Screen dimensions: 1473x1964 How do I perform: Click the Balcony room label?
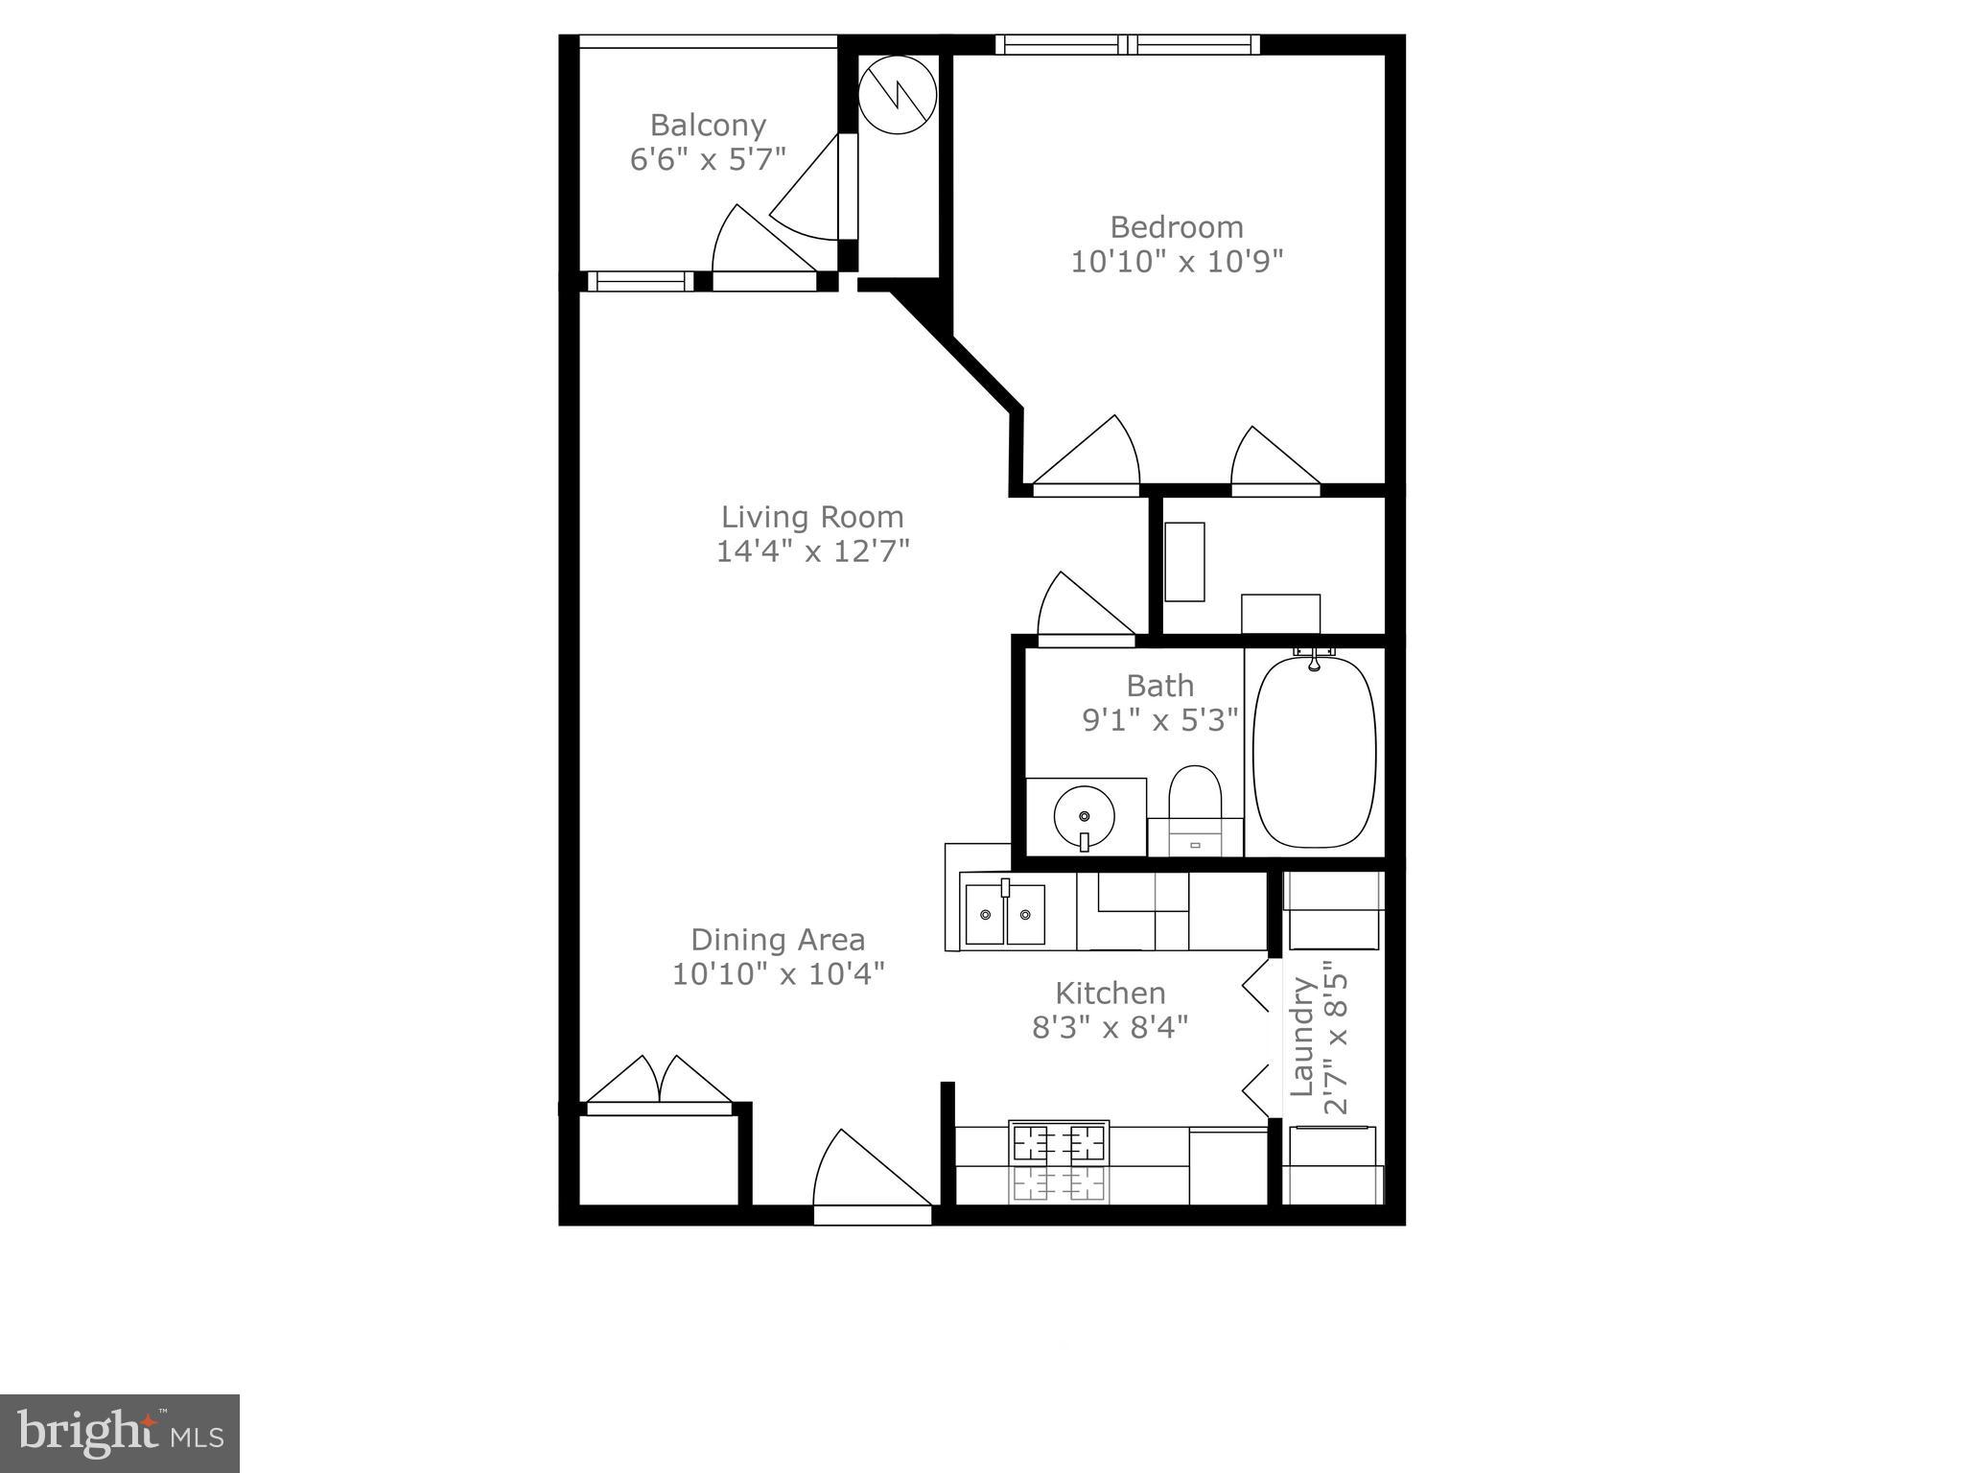pyautogui.click(x=708, y=126)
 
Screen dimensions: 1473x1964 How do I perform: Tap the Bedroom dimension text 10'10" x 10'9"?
pyautogui.click(x=1176, y=262)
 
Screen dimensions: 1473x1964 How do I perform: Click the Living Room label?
pyautogui.click(x=812, y=518)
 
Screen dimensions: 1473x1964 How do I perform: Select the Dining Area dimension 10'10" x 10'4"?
pyautogui.click(x=777, y=974)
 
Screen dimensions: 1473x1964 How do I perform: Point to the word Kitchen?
pyautogui.click(x=1110, y=993)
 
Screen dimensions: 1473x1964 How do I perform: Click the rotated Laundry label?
pyautogui.click(x=1301, y=1037)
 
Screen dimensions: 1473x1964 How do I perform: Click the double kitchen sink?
pyautogui.click(x=1004, y=914)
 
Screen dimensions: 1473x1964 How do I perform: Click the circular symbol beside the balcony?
pyautogui.click(x=896, y=95)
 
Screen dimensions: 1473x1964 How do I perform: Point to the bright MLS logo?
pyautogui.click(x=120, y=1433)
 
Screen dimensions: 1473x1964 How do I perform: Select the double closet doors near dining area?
pyautogui.click(x=659, y=1081)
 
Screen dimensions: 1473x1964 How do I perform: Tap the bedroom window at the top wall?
pyautogui.click(x=1127, y=44)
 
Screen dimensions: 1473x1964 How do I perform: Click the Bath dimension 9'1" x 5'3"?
pyautogui.click(x=1160, y=720)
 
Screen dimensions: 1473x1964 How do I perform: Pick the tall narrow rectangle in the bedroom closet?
pyautogui.click(x=1184, y=562)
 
